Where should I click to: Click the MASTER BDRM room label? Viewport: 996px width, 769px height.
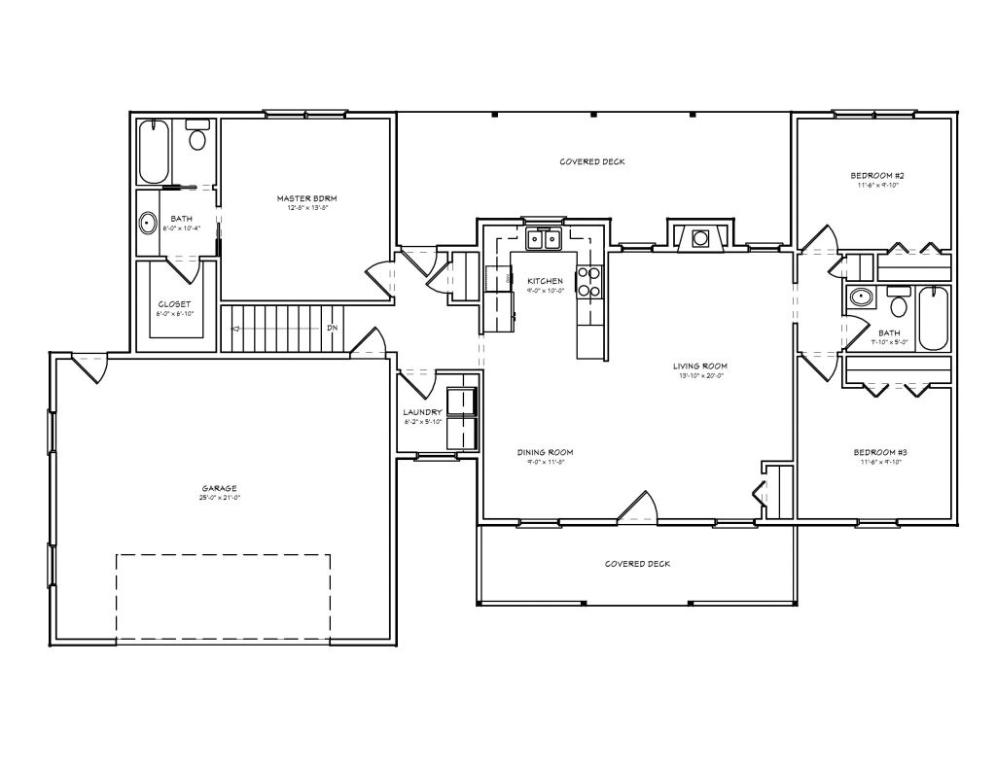coord(306,197)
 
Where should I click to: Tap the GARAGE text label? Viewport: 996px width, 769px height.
coord(220,488)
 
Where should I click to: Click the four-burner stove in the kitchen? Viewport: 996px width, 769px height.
coord(589,281)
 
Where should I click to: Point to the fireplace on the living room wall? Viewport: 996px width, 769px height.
coord(697,236)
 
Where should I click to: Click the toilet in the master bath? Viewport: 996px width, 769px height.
coord(198,138)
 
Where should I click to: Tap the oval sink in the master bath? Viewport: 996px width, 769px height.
coord(149,223)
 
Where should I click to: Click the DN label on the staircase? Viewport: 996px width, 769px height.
coord(332,328)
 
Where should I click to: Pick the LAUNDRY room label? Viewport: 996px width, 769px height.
coord(423,412)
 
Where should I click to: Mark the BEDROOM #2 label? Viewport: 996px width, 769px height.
coord(877,176)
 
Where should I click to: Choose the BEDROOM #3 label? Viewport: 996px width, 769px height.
coord(879,452)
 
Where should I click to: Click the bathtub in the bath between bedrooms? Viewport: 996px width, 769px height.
coord(932,317)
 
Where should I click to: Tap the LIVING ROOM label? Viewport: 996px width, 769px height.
coord(700,367)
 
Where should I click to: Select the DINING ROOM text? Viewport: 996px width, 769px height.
coord(545,452)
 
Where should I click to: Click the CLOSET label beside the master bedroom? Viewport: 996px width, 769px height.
coord(175,304)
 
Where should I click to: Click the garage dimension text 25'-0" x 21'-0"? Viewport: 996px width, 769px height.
coord(220,498)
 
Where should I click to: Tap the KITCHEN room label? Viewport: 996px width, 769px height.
coord(545,281)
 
